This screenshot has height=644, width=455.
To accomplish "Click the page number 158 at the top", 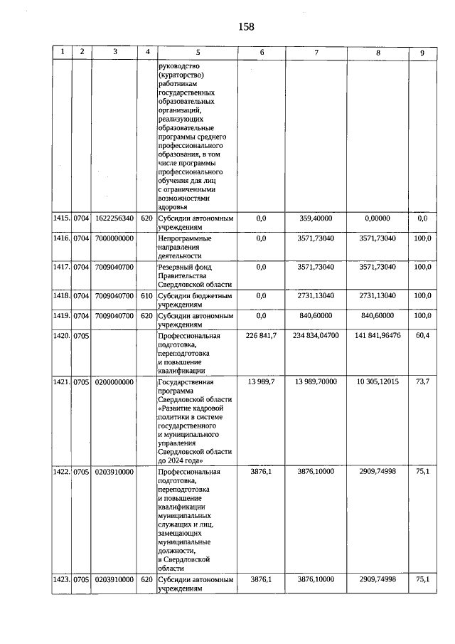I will click(x=246, y=27).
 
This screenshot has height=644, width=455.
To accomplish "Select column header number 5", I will click(x=198, y=52).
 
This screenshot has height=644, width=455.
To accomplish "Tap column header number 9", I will click(x=422, y=52).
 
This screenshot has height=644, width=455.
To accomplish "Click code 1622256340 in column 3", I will click(x=114, y=218).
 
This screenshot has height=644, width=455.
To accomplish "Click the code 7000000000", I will click(x=114, y=238).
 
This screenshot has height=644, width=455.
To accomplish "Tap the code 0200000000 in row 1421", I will click(x=114, y=382).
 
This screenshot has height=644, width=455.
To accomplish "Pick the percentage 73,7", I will click(x=423, y=382).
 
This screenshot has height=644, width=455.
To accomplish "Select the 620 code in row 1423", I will click(x=147, y=580).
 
